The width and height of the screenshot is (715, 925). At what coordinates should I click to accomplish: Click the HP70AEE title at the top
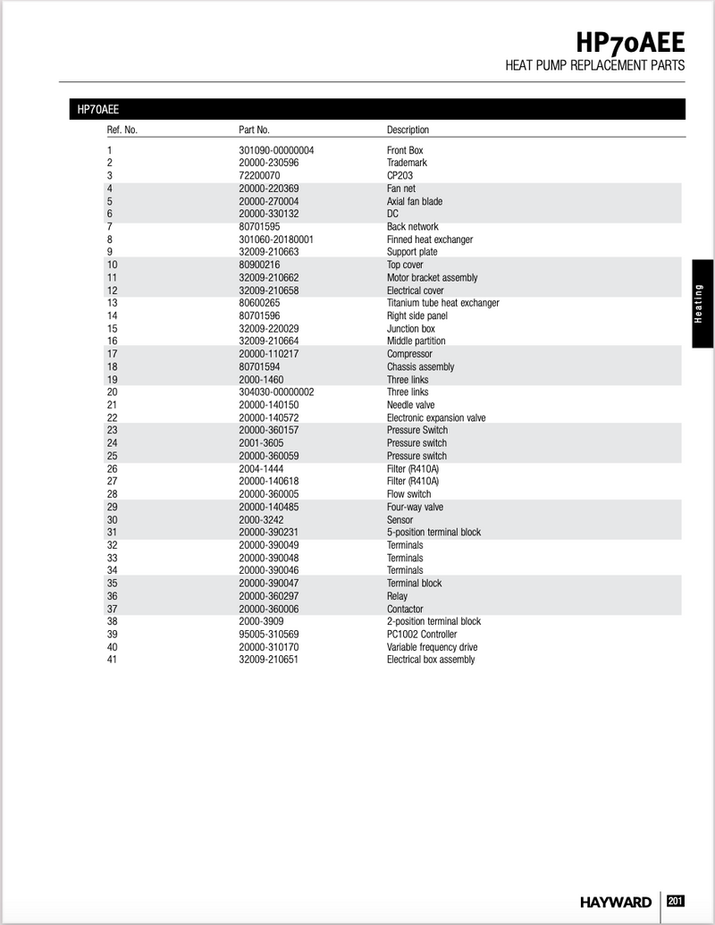(630, 41)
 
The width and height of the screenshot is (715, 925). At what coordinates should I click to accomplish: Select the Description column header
(408, 130)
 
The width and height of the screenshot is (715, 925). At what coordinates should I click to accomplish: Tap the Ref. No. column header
(122, 130)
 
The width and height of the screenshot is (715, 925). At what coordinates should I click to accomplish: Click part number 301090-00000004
(276, 151)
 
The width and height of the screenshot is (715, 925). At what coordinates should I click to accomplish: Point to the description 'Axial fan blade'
(414, 202)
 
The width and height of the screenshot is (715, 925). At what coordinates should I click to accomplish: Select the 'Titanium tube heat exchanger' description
(442, 303)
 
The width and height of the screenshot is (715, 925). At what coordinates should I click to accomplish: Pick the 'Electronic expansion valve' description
(436, 418)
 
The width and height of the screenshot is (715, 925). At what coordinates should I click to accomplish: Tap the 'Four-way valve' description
(415, 508)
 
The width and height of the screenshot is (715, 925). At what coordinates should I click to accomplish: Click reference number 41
(112, 660)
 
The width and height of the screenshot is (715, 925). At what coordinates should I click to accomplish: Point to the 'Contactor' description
(405, 610)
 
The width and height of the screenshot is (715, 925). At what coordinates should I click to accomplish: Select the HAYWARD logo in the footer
(615, 902)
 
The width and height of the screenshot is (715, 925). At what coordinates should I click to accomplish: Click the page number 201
(676, 901)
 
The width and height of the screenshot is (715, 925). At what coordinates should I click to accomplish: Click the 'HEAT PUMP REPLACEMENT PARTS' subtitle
(594, 65)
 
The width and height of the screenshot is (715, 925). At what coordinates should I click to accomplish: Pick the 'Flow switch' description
(408, 494)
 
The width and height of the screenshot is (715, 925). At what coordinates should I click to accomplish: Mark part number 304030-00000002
(276, 392)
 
